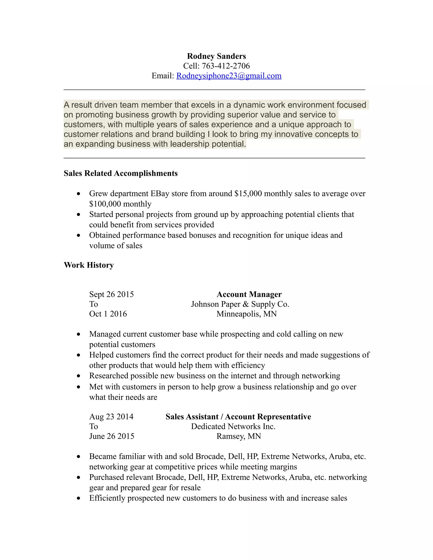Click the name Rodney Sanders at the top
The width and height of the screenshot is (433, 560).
(x=216, y=56)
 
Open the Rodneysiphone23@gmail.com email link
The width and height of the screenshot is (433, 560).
(x=229, y=76)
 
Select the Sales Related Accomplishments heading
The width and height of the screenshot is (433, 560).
(x=121, y=173)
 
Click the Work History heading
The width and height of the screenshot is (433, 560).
(x=89, y=265)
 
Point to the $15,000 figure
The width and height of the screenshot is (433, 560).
(x=248, y=194)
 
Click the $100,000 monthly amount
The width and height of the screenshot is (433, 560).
(x=120, y=204)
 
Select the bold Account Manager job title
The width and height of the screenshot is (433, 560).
(x=249, y=294)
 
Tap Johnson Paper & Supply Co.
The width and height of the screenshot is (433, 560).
(x=240, y=304)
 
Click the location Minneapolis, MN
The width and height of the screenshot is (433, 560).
(x=247, y=314)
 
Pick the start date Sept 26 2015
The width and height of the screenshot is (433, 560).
(x=111, y=294)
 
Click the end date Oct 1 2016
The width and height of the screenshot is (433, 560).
(x=108, y=314)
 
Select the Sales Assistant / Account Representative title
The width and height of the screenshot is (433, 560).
(x=238, y=417)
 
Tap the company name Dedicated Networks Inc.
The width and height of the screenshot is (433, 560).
(x=233, y=426)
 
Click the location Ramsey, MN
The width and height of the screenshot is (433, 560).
(x=238, y=436)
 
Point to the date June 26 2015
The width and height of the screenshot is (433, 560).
(x=112, y=436)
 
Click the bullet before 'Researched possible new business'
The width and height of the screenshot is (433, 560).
(x=78, y=376)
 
